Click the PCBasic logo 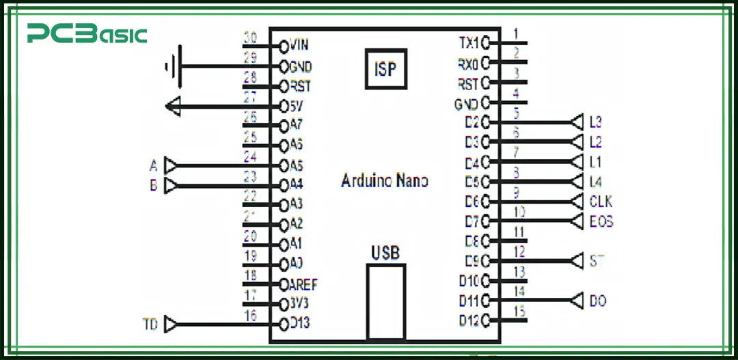pyautogui.click(x=87, y=33)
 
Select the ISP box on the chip pyautogui.click(x=386, y=68)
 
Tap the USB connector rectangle pyautogui.click(x=385, y=301)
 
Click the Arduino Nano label pyautogui.click(x=385, y=181)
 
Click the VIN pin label pyautogui.click(x=299, y=45)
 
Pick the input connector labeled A pyautogui.click(x=174, y=165)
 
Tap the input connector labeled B pyautogui.click(x=174, y=185)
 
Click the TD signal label pyautogui.click(x=150, y=324)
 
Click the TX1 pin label pyautogui.click(x=469, y=43)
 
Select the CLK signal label pyautogui.click(x=601, y=202)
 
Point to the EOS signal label pyautogui.click(x=601, y=221)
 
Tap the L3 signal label pyautogui.click(x=595, y=122)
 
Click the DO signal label pyautogui.click(x=597, y=301)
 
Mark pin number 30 pyautogui.click(x=250, y=37)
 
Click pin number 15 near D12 pyautogui.click(x=519, y=311)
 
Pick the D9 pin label pyautogui.click(x=471, y=260)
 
